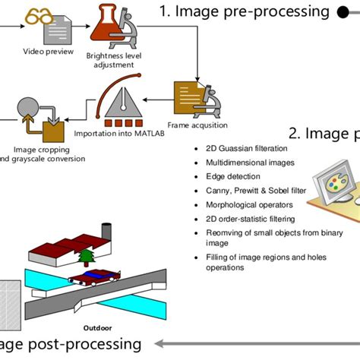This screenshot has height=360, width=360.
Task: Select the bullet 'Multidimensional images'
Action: click(245, 163)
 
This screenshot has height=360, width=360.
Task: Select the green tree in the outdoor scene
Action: click(87, 259)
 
